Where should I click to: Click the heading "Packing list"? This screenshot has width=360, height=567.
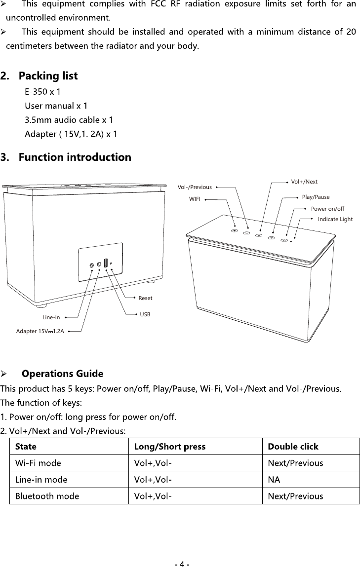coord(47,76)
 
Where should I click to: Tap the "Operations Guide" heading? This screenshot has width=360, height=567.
coord(63,373)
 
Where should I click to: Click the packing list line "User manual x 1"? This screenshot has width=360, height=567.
coord(56,106)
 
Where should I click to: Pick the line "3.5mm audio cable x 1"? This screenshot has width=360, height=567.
coord(69,120)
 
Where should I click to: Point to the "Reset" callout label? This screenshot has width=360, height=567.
coord(145,298)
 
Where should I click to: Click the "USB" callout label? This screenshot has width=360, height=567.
coord(145,314)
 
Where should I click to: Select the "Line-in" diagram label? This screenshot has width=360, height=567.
coord(51,317)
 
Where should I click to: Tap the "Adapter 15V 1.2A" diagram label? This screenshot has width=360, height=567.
coord(40,331)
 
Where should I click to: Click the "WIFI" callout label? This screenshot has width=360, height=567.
coord(196,200)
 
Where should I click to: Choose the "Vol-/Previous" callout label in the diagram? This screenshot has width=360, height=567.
coord(195,187)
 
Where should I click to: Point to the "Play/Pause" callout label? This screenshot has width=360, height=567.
coord(316,197)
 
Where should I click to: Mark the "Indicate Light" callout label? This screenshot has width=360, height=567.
coord(335,219)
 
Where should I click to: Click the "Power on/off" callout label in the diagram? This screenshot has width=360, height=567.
coord(327,209)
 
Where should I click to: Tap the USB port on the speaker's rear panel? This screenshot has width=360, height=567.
coord(106,263)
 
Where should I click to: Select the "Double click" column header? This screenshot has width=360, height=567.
coord(293,447)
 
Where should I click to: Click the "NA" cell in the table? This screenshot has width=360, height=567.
coord(273,480)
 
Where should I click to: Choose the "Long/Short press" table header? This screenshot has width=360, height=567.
coord(170,447)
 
